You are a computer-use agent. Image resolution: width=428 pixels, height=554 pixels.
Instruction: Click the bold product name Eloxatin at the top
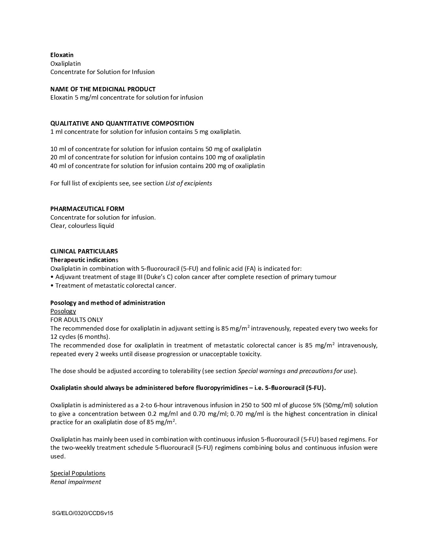(x=62, y=55)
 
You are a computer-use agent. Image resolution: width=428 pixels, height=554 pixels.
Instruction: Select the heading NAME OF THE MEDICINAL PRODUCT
(x=103, y=89)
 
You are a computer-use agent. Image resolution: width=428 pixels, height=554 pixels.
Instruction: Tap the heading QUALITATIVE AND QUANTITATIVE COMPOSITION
(x=122, y=123)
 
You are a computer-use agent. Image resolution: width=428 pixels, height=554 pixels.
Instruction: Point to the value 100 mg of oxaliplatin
(x=235, y=157)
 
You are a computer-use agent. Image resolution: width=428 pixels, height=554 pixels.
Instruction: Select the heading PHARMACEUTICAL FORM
(x=87, y=209)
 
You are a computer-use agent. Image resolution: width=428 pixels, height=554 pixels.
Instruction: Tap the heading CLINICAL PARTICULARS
(x=84, y=251)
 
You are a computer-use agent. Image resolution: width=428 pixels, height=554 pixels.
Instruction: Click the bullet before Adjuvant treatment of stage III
(x=52, y=277)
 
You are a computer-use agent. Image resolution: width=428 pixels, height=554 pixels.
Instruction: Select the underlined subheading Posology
(x=63, y=311)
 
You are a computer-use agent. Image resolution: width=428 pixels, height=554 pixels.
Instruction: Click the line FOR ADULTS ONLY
(x=76, y=320)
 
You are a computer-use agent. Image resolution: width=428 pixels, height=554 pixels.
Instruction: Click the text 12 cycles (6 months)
(x=80, y=337)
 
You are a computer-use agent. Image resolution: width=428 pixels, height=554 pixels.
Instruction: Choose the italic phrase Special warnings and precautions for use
(x=295, y=371)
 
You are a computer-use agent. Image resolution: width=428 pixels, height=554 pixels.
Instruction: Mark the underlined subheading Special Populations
(x=78, y=473)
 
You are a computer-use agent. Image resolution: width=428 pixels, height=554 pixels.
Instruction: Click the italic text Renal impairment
(x=76, y=482)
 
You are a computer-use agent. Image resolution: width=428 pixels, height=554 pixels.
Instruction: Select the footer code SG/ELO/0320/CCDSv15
(x=82, y=513)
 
